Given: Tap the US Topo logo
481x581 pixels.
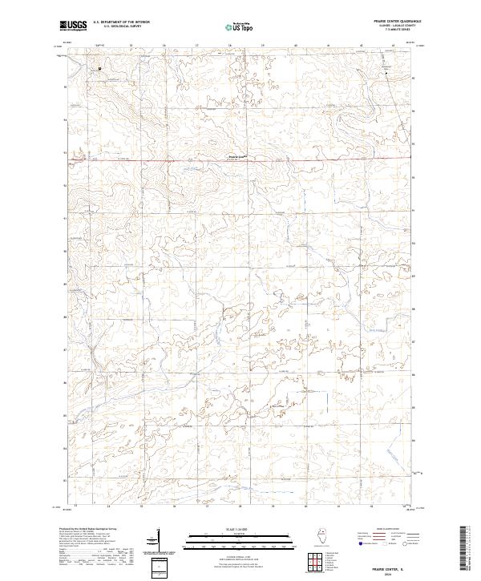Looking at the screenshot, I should click(237, 26).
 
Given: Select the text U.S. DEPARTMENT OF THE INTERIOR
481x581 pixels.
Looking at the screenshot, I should click(121, 22).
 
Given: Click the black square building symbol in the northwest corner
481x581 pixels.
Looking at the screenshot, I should click(100, 68).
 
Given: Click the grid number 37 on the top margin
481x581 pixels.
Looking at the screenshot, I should click(196, 46).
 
